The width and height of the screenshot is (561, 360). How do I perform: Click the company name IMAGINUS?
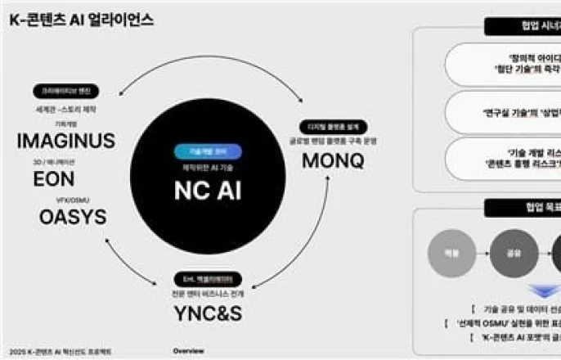(x=65, y=141)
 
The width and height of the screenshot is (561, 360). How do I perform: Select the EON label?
(x=53, y=179)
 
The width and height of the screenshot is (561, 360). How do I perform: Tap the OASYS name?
(x=72, y=217)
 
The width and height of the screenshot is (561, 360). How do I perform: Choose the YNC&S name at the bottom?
(x=208, y=314)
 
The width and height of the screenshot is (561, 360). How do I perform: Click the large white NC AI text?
(x=207, y=189)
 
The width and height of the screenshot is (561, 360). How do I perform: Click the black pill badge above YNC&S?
(x=208, y=279)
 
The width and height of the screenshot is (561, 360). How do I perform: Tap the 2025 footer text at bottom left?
(x=57, y=352)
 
